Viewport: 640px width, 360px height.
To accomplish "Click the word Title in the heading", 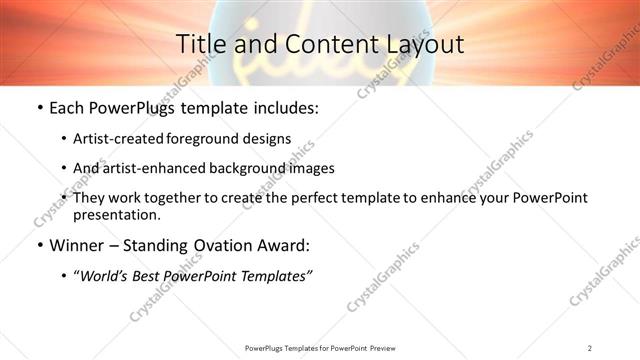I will (199, 44).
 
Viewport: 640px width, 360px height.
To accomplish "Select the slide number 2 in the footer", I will (589, 347).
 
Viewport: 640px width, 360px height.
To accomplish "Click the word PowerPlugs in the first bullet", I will (132, 108).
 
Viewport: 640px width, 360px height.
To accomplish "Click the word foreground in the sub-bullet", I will (211, 138).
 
